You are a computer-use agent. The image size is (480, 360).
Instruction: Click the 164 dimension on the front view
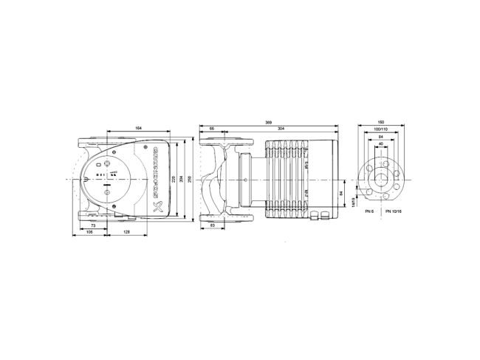click(139, 130)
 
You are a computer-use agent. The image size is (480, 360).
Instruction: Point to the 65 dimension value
click(213, 130)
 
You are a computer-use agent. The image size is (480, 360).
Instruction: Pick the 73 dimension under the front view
click(94, 225)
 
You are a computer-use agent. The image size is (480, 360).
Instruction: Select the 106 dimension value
click(89, 232)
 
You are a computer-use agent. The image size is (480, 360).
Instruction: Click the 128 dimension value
click(127, 232)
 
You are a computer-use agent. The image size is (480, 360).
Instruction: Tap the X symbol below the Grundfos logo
click(155, 207)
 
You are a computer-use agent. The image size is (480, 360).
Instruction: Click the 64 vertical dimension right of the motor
click(341, 194)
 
